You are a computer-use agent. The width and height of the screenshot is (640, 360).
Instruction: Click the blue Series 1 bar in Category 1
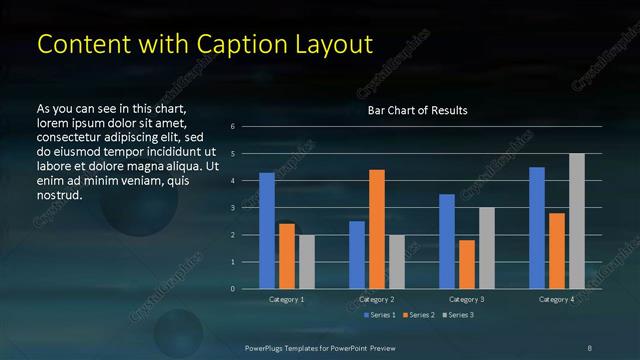pos(267,231)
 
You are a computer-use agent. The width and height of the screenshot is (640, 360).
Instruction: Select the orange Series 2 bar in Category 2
pos(377,229)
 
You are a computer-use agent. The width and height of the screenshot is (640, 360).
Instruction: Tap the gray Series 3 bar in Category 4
pos(577,221)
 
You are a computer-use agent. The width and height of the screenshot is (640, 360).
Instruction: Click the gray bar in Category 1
pos(307,262)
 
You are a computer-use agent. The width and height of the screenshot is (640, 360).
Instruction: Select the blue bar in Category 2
pos(357,255)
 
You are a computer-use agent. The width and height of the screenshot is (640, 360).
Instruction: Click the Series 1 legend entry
pos(380,315)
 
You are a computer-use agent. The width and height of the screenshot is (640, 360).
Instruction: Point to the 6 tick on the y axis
pos(232,127)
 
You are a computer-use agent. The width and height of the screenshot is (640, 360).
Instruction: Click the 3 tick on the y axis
pos(232,208)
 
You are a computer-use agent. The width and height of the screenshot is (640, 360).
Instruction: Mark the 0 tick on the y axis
pos(232,289)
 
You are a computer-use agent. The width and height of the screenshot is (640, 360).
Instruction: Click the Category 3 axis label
pos(467,299)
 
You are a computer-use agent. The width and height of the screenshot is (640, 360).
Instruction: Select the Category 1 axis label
pos(287,299)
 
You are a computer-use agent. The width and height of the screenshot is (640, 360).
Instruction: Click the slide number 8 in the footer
pos(589,346)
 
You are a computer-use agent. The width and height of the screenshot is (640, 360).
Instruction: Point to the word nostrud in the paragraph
pos(59,195)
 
